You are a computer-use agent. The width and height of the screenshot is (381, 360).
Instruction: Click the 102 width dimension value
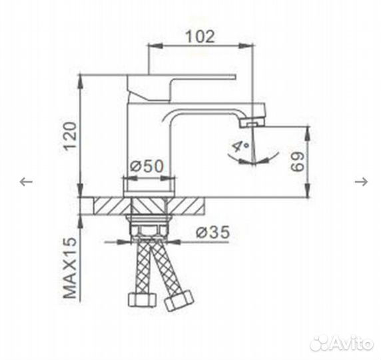(201, 36)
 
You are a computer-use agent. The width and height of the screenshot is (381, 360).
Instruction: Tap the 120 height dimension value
(71, 137)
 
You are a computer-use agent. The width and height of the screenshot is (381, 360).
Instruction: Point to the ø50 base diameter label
(147, 167)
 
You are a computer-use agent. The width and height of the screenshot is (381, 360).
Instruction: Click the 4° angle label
(238, 146)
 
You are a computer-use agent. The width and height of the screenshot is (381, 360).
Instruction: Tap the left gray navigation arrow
(25, 181)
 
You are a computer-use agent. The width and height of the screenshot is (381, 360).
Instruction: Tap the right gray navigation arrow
(363, 181)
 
